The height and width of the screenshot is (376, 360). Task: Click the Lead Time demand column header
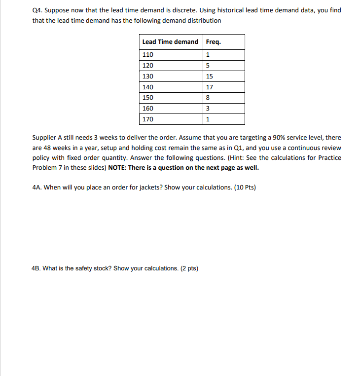170,42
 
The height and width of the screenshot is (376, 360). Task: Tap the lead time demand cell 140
147,87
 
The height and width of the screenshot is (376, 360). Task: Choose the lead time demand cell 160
147,109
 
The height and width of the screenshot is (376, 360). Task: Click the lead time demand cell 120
147,66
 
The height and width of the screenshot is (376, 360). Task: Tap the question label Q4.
37,10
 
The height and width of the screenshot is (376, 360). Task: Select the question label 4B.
36,268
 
